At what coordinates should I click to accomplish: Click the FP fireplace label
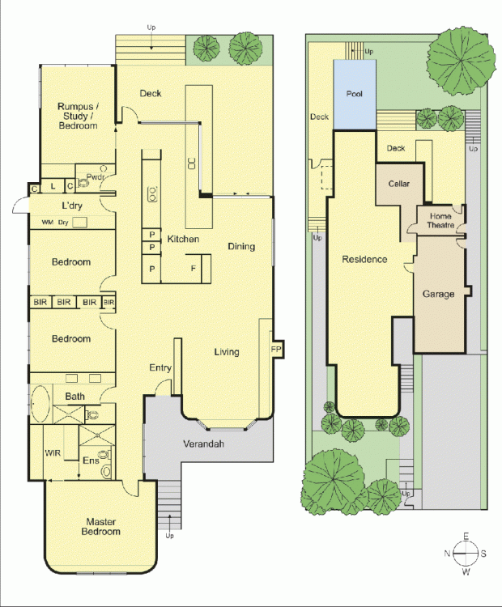coord(276,349)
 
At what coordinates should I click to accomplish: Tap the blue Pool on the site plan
coord(355,94)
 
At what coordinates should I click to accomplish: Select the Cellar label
coord(399,184)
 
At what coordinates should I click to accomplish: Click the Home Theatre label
coord(440,221)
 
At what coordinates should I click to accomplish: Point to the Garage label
coord(439,295)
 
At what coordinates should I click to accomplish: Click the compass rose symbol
coord(466,554)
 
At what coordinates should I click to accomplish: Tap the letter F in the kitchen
coord(194,268)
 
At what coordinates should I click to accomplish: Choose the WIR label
coord(53,452)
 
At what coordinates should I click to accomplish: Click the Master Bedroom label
coord(100,527)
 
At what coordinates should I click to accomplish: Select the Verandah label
coord(204,444)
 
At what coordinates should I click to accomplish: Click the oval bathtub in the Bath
coord(40,404)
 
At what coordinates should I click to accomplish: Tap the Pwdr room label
coord(96,177)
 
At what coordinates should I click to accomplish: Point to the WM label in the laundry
coord(47,223)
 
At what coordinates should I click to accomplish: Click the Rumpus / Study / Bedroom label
coord(78,116)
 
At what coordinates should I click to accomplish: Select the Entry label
coord(160,367)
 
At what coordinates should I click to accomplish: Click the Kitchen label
coord(183,239)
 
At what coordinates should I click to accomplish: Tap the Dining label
coord(241,247)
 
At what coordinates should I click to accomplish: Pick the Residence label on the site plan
coord(364,259)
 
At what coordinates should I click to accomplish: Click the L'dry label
coord(72,206)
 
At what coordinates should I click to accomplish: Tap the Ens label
coord(91,461)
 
